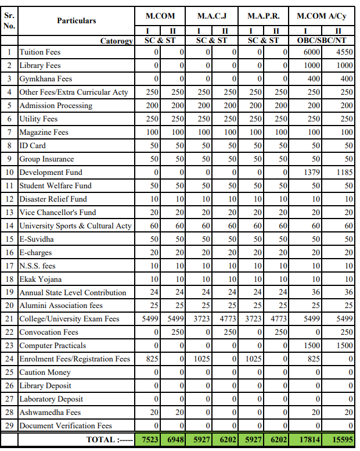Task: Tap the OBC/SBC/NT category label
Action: [321, 41]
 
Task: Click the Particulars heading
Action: [76, 20]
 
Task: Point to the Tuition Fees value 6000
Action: [312, 52]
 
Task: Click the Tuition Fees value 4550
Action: [343, 52]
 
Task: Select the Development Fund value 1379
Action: [312, 173]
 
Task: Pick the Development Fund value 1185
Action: [343, 173]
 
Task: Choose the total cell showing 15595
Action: [341, 440]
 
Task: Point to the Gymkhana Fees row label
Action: [46, 79]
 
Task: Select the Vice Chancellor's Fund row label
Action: [58, 213]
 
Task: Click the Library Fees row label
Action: [40, 66]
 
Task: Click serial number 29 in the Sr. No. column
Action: [9, 426]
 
